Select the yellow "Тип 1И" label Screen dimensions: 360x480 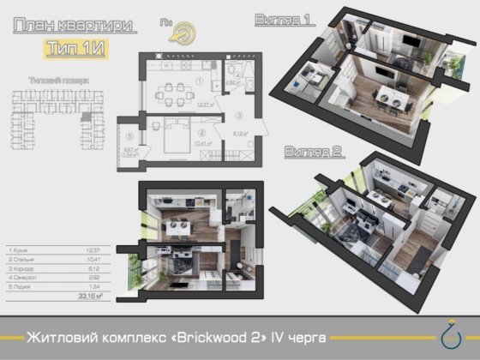tap(72, 47)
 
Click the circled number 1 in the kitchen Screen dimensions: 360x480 tap(198, 81)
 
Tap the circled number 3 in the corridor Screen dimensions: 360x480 tap(240, 114)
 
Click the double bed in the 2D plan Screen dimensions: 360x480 tap(174, 138)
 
